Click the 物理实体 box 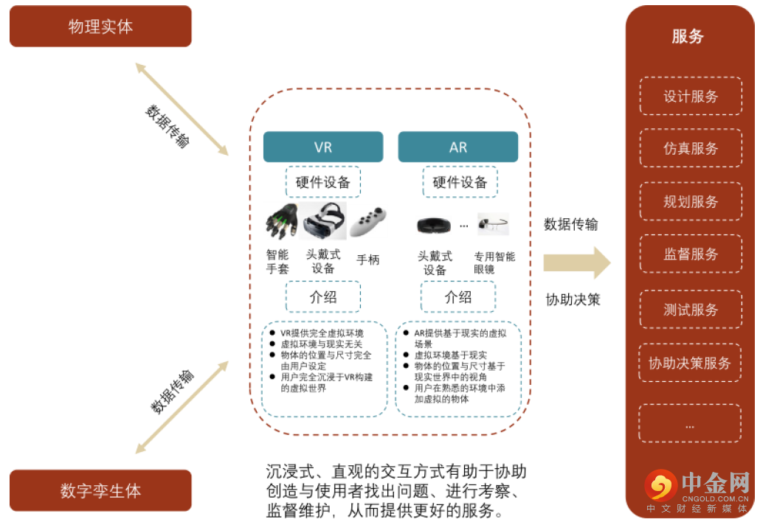[100, 27]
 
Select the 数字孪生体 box [100, 491]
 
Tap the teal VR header [323, 147]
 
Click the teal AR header [458, 147]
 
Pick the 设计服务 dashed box [691, 97]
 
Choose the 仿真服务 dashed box [691, 148]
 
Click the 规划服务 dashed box [691, 201]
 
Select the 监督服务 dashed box [691, 254]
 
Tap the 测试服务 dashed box [691, 310]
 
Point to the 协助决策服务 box [691, 363]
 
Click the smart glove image [281, 220]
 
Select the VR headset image [324, 220]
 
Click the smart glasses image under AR [493, 223]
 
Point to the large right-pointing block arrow [576, 262]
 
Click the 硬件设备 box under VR [323, 182]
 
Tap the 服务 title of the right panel [688, 36]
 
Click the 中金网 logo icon [660, 486]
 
